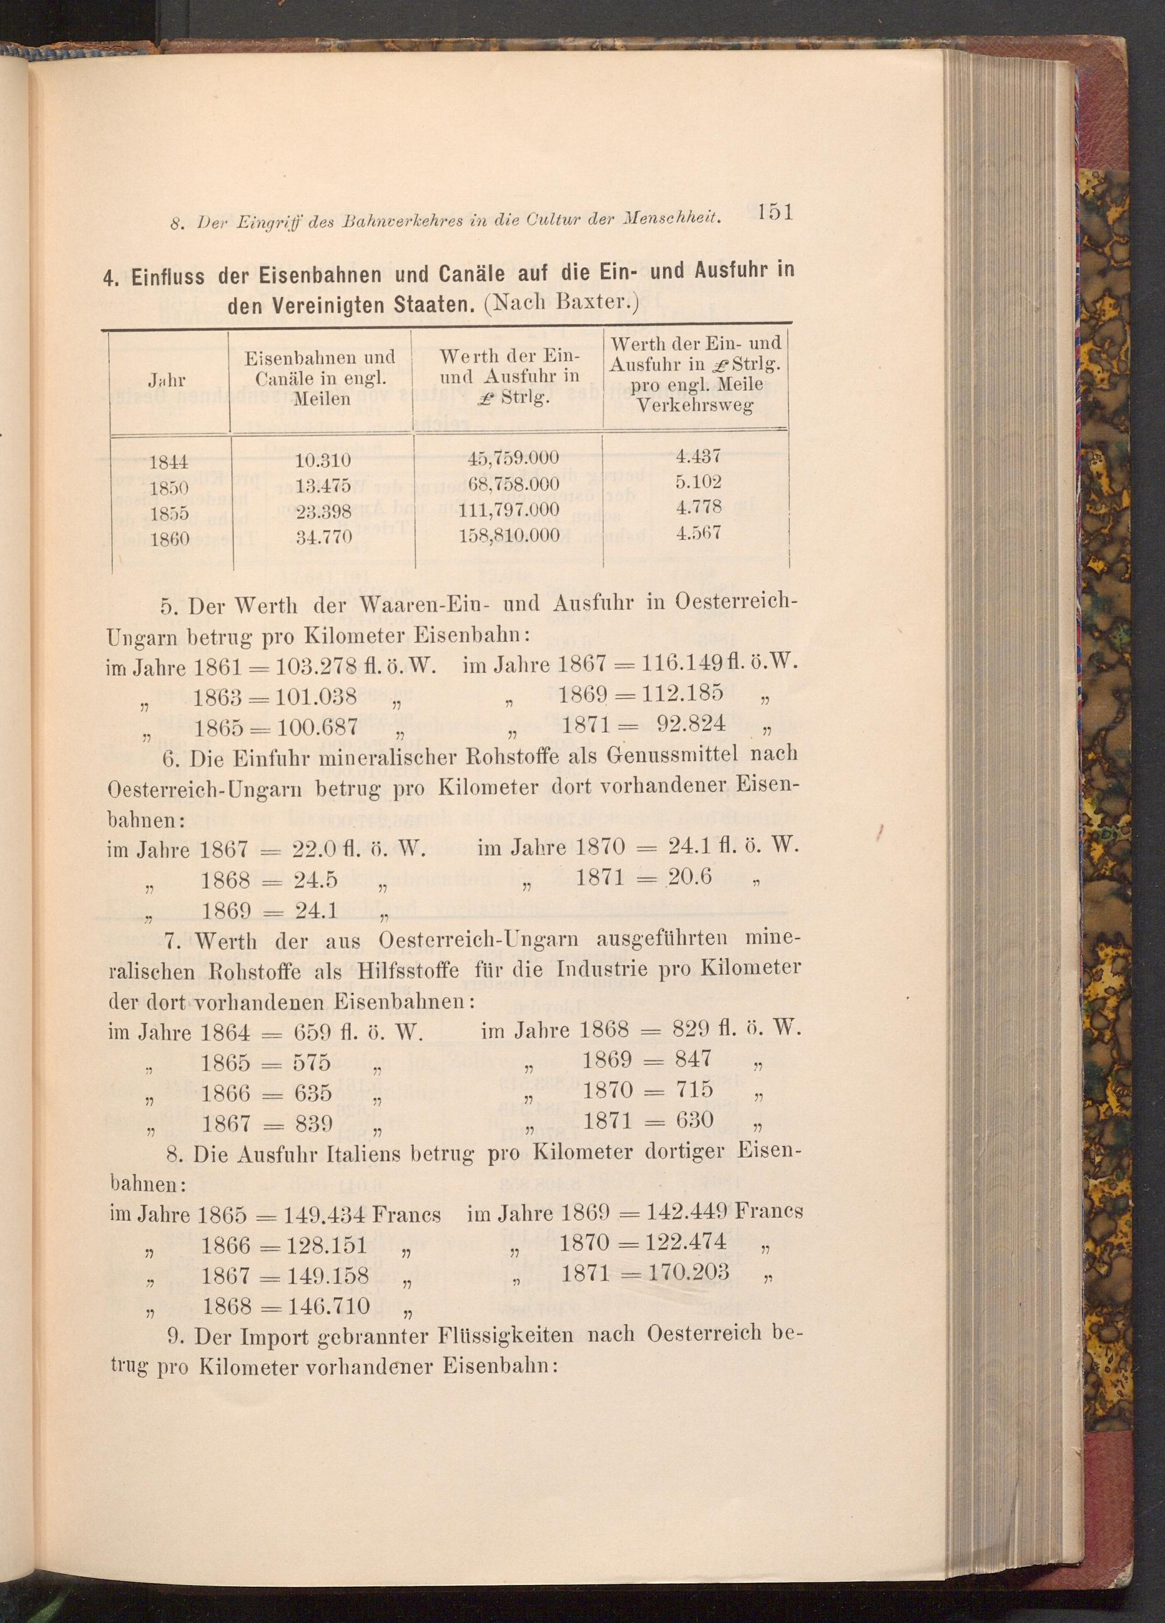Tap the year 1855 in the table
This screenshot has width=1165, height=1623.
(169, 513)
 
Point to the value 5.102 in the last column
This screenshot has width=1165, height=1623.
(697, 481)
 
